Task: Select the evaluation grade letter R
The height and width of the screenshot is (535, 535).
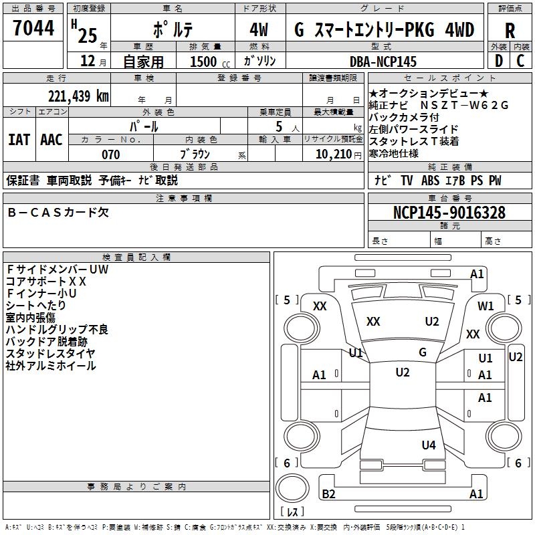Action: [x=510, y=31]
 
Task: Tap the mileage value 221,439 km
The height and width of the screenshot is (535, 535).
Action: [x=78, y=96]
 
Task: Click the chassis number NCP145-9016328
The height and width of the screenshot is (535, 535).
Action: [x=449, y=213]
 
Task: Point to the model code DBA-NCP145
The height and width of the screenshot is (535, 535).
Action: [x=383, y=62]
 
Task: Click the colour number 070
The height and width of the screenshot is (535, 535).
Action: [x=110, y=154]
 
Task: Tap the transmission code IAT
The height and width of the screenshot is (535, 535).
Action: [x=18, y=140]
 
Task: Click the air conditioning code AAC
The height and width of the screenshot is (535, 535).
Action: [x=51, y=140]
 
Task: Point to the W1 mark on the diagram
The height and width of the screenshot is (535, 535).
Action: [x=486, y=306]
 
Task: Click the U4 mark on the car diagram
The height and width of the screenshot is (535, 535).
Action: [x=429, y=445]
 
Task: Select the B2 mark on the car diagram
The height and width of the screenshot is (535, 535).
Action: [x=329, y=494]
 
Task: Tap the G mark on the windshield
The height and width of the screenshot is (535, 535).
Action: [x=423, y=352]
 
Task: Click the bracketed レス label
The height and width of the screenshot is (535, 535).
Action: [x=292, y=512]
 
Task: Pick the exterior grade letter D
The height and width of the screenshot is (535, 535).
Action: [x=498, y=61]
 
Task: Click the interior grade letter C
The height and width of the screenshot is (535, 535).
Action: [x=520, y=61]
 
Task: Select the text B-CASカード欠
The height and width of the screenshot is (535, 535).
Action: [x=58, y=213]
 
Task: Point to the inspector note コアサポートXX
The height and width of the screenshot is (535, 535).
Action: [x=46, y=282]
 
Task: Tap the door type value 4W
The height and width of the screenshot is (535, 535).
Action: [x=259, y=30]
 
